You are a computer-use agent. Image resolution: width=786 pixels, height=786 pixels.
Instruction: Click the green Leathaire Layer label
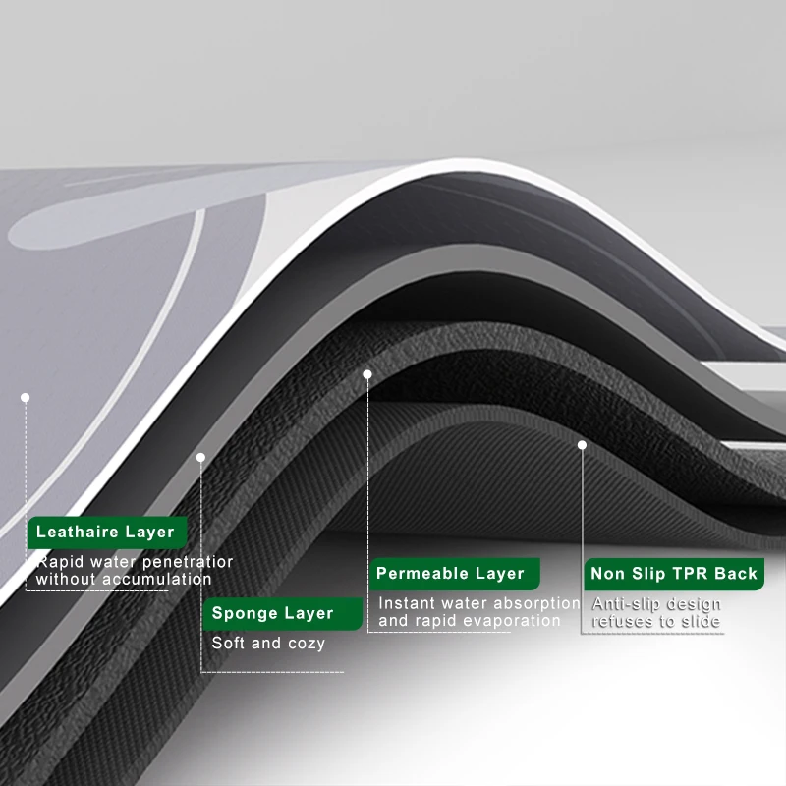(x=106, y=533)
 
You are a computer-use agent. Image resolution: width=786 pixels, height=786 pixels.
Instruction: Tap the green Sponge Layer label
(x=273, y=614)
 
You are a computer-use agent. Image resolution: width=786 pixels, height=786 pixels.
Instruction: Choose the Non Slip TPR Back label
(x=674, y=574)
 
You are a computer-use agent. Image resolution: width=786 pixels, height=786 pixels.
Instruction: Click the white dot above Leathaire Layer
(x=26, y=397)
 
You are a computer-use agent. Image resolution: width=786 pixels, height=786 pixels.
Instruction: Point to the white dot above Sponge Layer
(x=200, y=457)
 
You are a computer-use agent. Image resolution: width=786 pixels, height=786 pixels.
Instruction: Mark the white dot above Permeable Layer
(x=367, y=374)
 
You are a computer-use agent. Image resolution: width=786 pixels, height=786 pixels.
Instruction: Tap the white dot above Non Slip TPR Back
(x=582, y=445)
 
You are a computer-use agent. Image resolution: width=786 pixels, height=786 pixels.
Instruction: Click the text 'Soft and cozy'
(x=268, y=644)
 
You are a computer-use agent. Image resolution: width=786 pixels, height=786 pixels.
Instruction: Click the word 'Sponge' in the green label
(x=244, y=614)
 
